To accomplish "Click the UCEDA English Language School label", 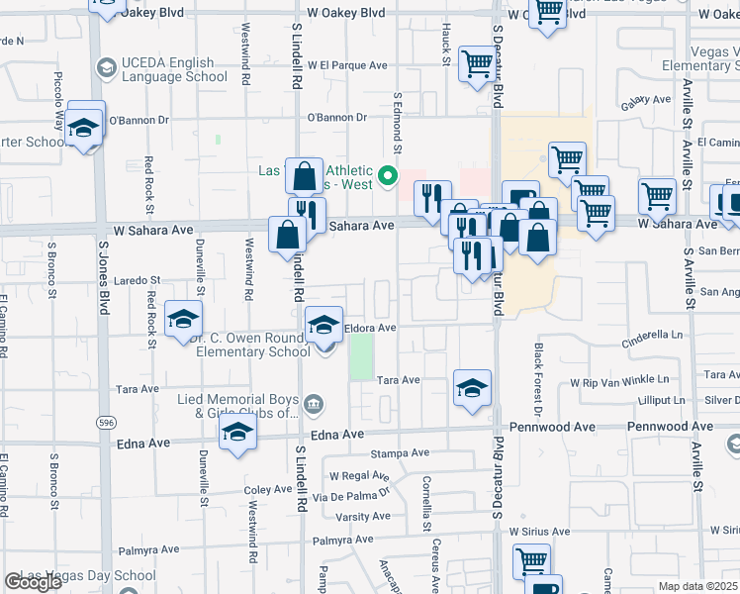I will click(172, 69).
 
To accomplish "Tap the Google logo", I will click(33, 582).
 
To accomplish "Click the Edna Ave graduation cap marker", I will click(237, 433).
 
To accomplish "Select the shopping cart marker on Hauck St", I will click(478, 64).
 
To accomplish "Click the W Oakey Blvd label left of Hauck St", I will click(345, 14).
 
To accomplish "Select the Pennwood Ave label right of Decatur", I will click(670, 427).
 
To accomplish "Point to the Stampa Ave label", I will click(400, 452).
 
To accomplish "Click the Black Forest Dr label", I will click(539, 379).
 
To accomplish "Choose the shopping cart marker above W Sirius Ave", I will click(532, 561).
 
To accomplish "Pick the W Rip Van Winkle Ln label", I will click(619, 380).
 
